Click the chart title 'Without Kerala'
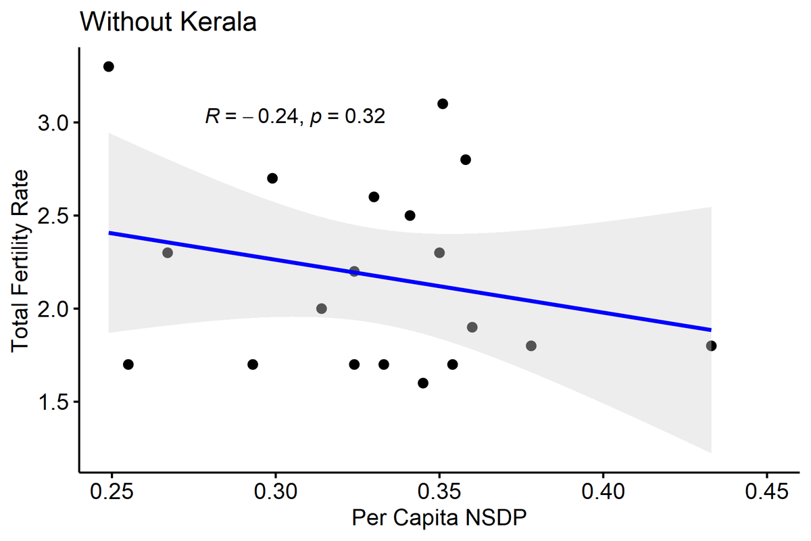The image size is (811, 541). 168,22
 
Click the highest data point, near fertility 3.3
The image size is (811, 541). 108,66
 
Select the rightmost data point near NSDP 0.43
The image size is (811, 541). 711,346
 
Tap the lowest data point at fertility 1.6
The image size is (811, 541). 423,383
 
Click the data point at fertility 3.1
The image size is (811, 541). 443,103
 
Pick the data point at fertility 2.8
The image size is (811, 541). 466,160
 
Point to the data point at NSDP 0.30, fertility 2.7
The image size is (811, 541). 272,178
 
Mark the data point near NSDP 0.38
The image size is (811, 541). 531,346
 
